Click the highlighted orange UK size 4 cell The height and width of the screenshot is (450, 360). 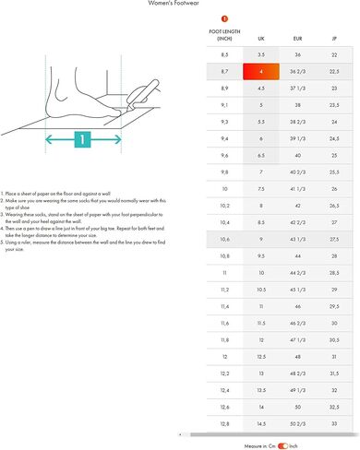261,71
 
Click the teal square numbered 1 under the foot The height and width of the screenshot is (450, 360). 82,140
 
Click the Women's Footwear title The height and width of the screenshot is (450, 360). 179,4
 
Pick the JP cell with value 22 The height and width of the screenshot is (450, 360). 333,54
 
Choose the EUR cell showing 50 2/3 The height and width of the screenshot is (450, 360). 297,422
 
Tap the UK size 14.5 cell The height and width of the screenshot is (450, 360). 261,422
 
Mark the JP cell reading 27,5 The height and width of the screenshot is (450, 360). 333,239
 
